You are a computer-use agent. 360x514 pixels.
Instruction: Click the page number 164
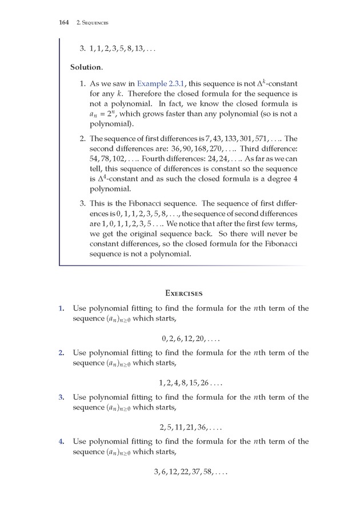[x=63, y=22]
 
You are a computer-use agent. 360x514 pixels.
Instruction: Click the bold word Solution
[x=86, y=67]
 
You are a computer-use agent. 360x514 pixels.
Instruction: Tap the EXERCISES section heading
[x=183, y=293]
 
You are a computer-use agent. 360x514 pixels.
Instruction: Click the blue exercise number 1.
[x=61, y=308]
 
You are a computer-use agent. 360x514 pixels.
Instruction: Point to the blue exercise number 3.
[x=61, y=397]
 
